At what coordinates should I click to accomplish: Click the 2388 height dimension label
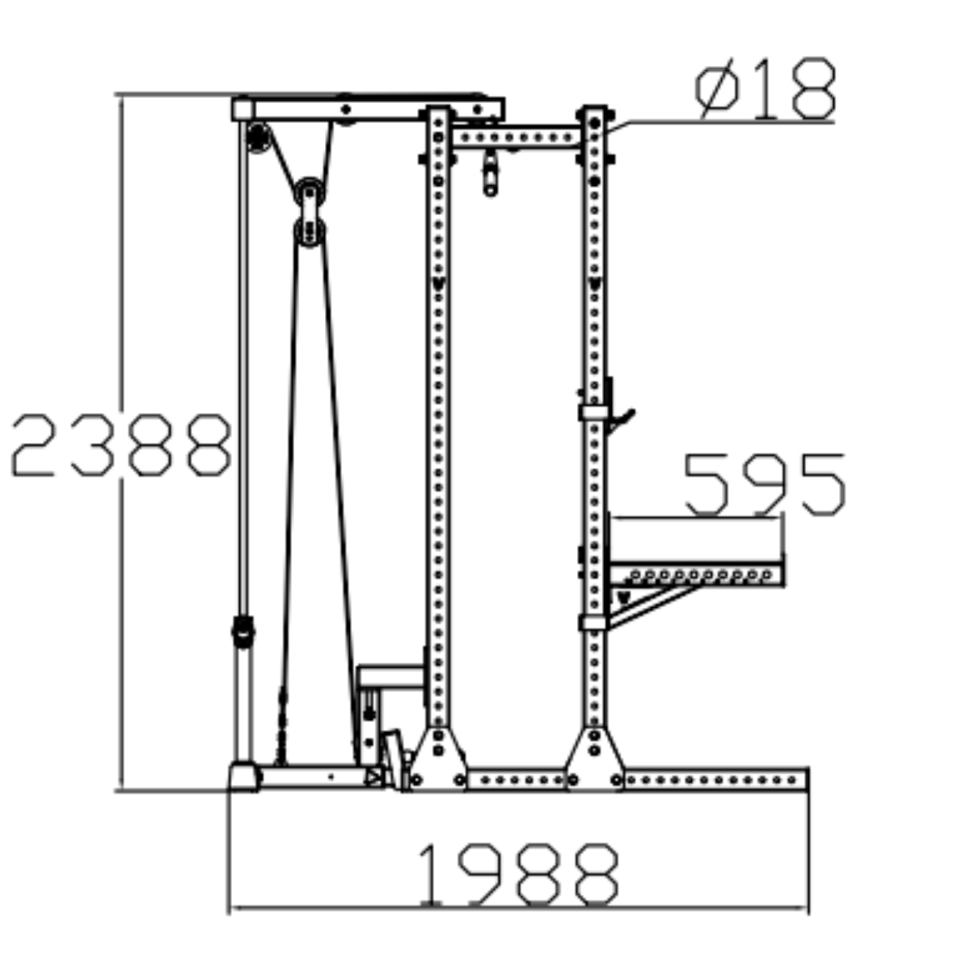pyautogui.click(x=120, y=445)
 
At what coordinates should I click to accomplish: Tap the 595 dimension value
pyautogui.click(x=764, y=484)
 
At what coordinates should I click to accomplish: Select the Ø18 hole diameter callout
pyautogui.click(x=764, y=88)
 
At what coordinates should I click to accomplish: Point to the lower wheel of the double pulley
pyautogui.click(x=310, y=231)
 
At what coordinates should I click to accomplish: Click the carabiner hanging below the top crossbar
pyautogui.click(x=491, y=173)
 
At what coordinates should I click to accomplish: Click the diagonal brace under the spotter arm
pyautogui.click(x=655, y=606)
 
